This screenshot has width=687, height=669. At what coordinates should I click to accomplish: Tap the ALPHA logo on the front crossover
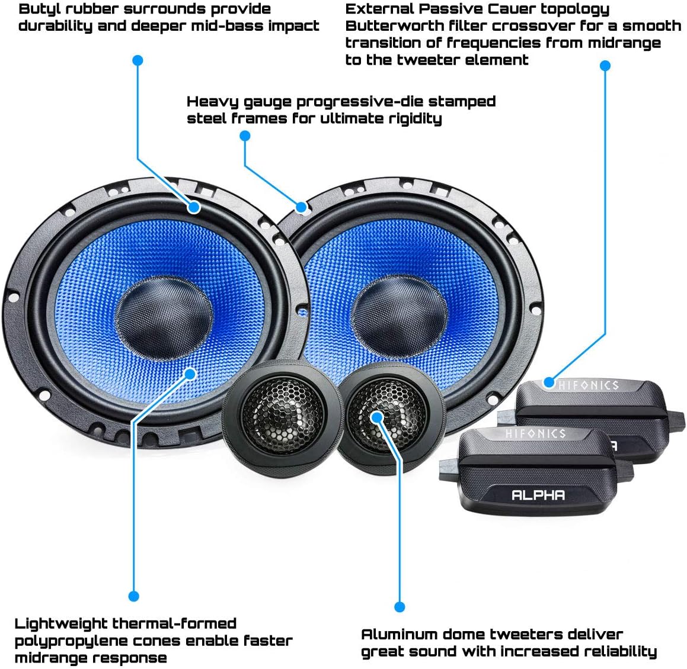(538, 495)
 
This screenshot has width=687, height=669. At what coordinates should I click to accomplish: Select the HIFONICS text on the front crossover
(535, 434)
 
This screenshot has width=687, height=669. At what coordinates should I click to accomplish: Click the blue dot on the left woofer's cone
(190, 373)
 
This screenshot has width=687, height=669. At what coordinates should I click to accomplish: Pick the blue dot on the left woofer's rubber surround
(194, 207)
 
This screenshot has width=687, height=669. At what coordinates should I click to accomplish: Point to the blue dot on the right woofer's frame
(301, 207)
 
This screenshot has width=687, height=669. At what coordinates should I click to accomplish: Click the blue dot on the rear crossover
(549, 382)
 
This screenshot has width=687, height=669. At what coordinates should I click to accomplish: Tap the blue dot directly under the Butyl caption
(138, 60)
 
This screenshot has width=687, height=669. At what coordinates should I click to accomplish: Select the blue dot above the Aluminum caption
(400, 607)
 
